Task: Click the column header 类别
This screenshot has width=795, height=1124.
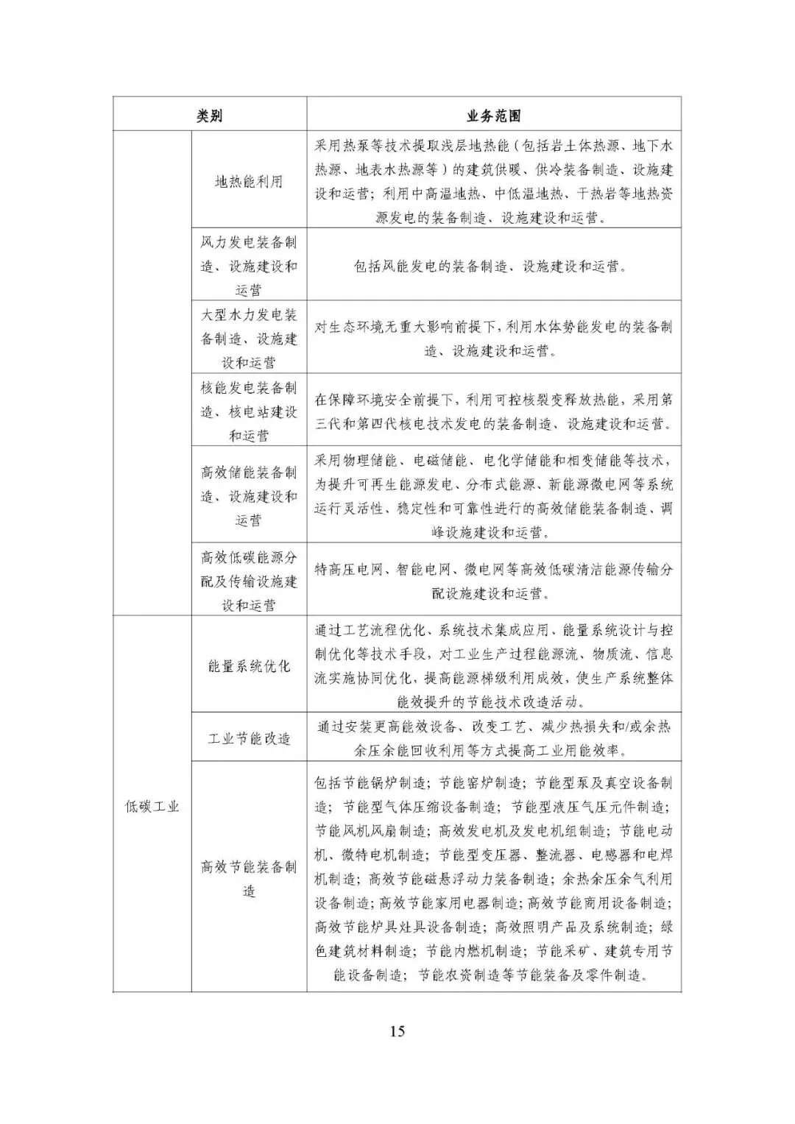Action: pos(210,116)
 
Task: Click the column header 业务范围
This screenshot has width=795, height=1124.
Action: pos(493,116)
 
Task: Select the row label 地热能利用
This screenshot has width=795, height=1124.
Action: pos(249,181)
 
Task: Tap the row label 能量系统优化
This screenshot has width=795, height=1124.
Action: pos(249,666)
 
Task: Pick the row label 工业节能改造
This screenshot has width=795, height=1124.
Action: pos(249,738)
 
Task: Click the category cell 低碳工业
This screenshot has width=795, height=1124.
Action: pos(152,806)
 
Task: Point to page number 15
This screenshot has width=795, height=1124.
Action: pos(397,1031)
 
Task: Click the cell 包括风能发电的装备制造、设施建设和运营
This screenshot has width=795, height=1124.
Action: pos(493,266)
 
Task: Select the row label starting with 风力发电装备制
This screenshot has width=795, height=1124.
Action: pos(249,266)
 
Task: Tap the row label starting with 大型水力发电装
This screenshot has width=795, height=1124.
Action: pos(249,339)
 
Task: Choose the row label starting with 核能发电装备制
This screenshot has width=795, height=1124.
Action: pos(249,411)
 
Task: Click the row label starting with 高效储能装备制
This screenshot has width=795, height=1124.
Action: pos(249,496)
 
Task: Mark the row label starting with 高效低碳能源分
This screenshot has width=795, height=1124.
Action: pos(249,582)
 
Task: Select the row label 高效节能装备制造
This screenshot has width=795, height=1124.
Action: pos(249,879)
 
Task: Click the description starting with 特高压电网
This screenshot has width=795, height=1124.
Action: pos(493,581)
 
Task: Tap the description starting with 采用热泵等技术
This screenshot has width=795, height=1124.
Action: pos(493,181)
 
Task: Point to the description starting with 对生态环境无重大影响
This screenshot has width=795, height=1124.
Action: pos(493,339)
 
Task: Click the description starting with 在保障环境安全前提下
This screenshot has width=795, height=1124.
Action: pos(493,411)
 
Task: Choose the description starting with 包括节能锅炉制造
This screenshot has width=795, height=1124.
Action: pos(493,879)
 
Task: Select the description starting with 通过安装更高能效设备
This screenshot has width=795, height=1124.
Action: pos(493,738)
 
